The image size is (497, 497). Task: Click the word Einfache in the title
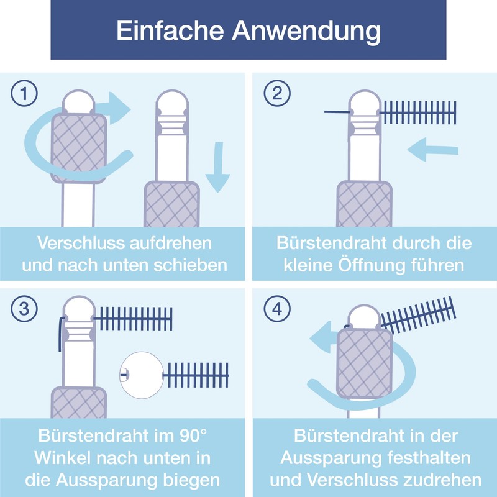pos(170,30)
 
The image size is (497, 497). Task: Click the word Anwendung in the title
pos(306,32)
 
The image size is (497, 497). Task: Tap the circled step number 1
pos(24,93)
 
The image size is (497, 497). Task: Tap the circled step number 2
pos(277,93)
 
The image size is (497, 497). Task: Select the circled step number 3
pos(24,309)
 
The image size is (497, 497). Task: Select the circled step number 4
pos(277,309)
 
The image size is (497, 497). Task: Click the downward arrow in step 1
pos(218,167)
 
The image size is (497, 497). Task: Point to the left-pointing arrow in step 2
pos(432,149)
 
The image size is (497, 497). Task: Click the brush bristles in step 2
pos(418,112)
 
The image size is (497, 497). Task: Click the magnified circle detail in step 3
pos(142,375)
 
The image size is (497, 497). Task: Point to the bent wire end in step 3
pos(60,334)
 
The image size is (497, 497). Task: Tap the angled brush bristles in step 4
pos(418,316)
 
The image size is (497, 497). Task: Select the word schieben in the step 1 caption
pos(191,265)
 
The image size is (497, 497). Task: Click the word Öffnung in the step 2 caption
pos(372,265)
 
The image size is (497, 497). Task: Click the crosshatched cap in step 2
pos(364,204)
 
